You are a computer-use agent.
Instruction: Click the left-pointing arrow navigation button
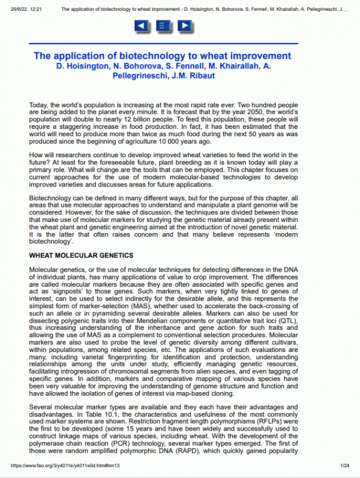[141, 26]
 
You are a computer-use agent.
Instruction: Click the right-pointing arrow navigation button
[185, 26]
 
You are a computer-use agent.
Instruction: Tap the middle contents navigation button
[163, 26]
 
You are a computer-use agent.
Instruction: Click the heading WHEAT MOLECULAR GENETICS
[80, 255]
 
